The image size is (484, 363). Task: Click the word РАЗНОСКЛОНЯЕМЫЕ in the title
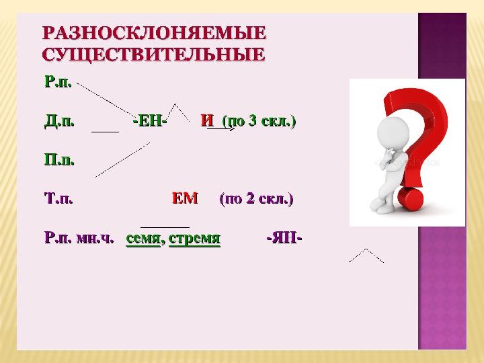pyautogui.click(x=154, y=33)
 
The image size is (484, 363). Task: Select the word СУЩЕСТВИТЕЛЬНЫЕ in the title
pyautogui.click(x=153, y=54)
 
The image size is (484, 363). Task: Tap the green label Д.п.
pyautogui.click(x=59, y=121)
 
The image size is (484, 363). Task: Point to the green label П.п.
pyautogui.click(x=59, y=160)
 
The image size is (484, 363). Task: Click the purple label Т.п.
pyautogui.click(x=58, y=198)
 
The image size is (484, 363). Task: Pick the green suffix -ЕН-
pyautogui.click(x=150, y=121)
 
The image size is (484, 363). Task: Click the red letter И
pyautogui.click(x=207, y=121)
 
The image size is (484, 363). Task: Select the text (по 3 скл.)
pyautogui.click(x=259, y=121)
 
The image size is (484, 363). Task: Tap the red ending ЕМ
pyautogui.click(x=185, y=198)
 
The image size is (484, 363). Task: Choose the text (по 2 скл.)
pyautogui.click(x=257, y=199)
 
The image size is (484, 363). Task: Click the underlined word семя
pyautogui.click(x=143, y=239)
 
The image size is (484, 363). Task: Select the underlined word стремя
pyautogui.click(x=195, y=239)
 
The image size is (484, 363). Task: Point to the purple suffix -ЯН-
pyautogui.click(x=284, y=238)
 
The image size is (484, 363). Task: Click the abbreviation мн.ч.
pyautogui.click(x=95, y=238)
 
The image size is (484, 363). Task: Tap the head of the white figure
pyautogui.click(x=393, y=132)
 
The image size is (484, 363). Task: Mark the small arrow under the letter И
pyautogui.click(x=220, y=128)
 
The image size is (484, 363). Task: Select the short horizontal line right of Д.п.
pyautogui.click(x=106, y=132)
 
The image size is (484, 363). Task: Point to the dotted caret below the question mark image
pyautogui.click(x=366, y=255)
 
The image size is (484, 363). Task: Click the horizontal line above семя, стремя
pyautogui.click(x=165, y=227)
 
